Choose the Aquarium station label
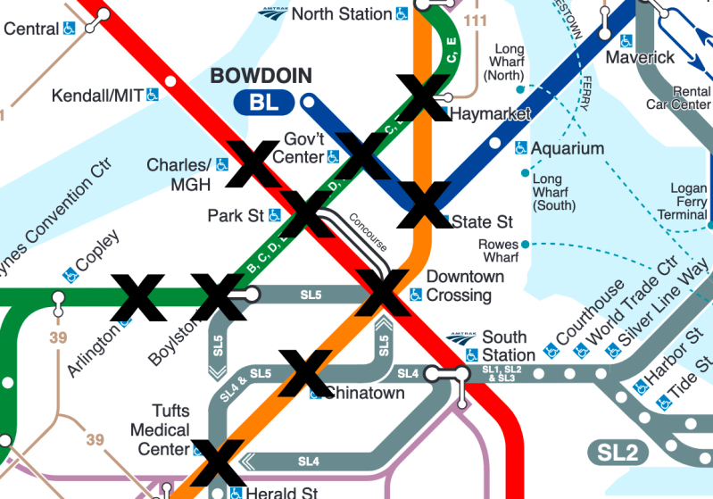coord(568,148)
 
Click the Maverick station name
coord(640,57)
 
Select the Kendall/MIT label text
coord(97,95)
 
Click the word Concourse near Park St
coord(368,231)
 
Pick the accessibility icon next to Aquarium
coord(521,149)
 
